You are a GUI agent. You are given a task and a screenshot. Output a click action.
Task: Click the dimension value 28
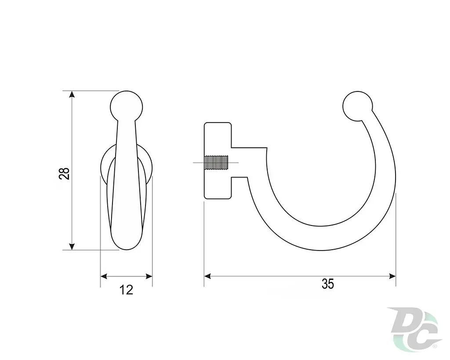65,173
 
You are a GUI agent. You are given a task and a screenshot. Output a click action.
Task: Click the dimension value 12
126,290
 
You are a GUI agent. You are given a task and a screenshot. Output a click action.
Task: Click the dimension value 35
328,284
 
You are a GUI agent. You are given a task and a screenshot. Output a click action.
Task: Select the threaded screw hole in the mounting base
216,163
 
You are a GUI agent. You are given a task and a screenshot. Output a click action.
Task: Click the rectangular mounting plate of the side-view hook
218,161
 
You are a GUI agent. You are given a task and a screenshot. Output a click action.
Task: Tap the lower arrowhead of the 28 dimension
72,246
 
